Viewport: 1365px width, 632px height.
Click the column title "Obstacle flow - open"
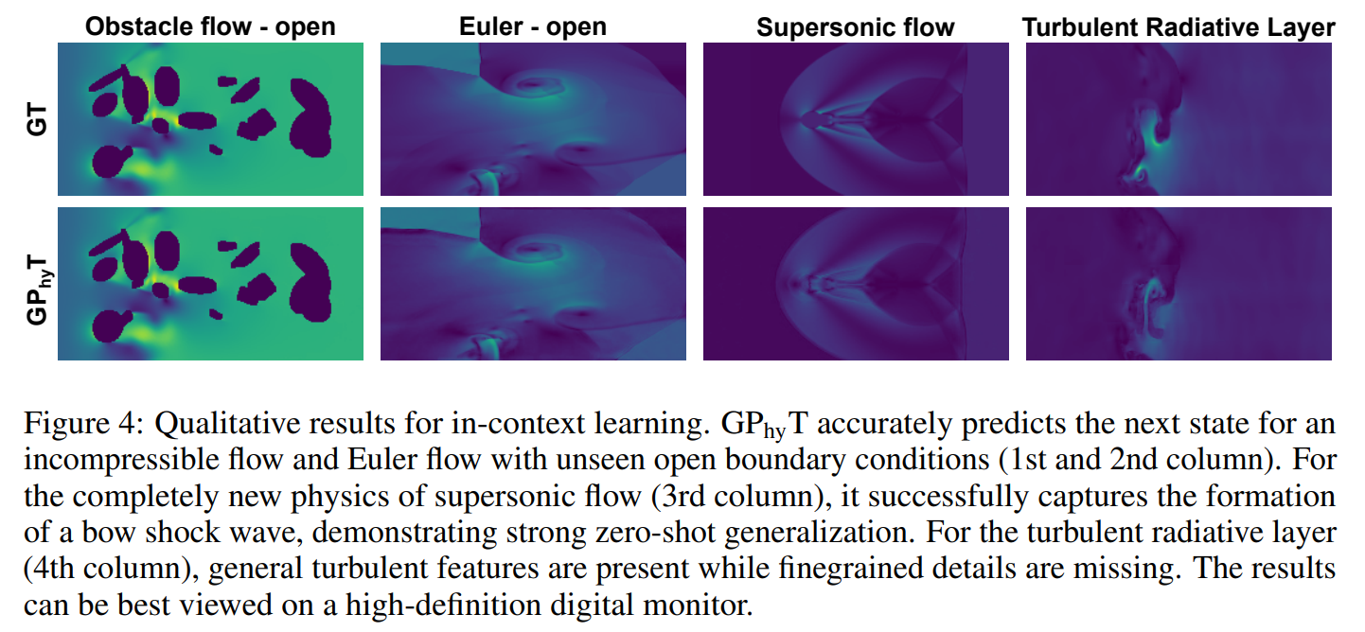click(x=210, y=26)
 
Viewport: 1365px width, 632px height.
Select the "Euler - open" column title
click(x=533, y=26)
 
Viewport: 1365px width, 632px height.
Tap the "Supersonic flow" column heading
click(x=856, y=27)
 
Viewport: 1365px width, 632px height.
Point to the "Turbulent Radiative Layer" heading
click(x=1179, y=27)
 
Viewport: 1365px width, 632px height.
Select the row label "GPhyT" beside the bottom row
click(x=37, y=284)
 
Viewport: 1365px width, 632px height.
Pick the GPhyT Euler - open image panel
click(x=533, y=284)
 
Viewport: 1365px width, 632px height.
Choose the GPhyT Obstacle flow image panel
click(x=210, y=284)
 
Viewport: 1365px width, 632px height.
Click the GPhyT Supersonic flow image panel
click(x=856, y=284)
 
